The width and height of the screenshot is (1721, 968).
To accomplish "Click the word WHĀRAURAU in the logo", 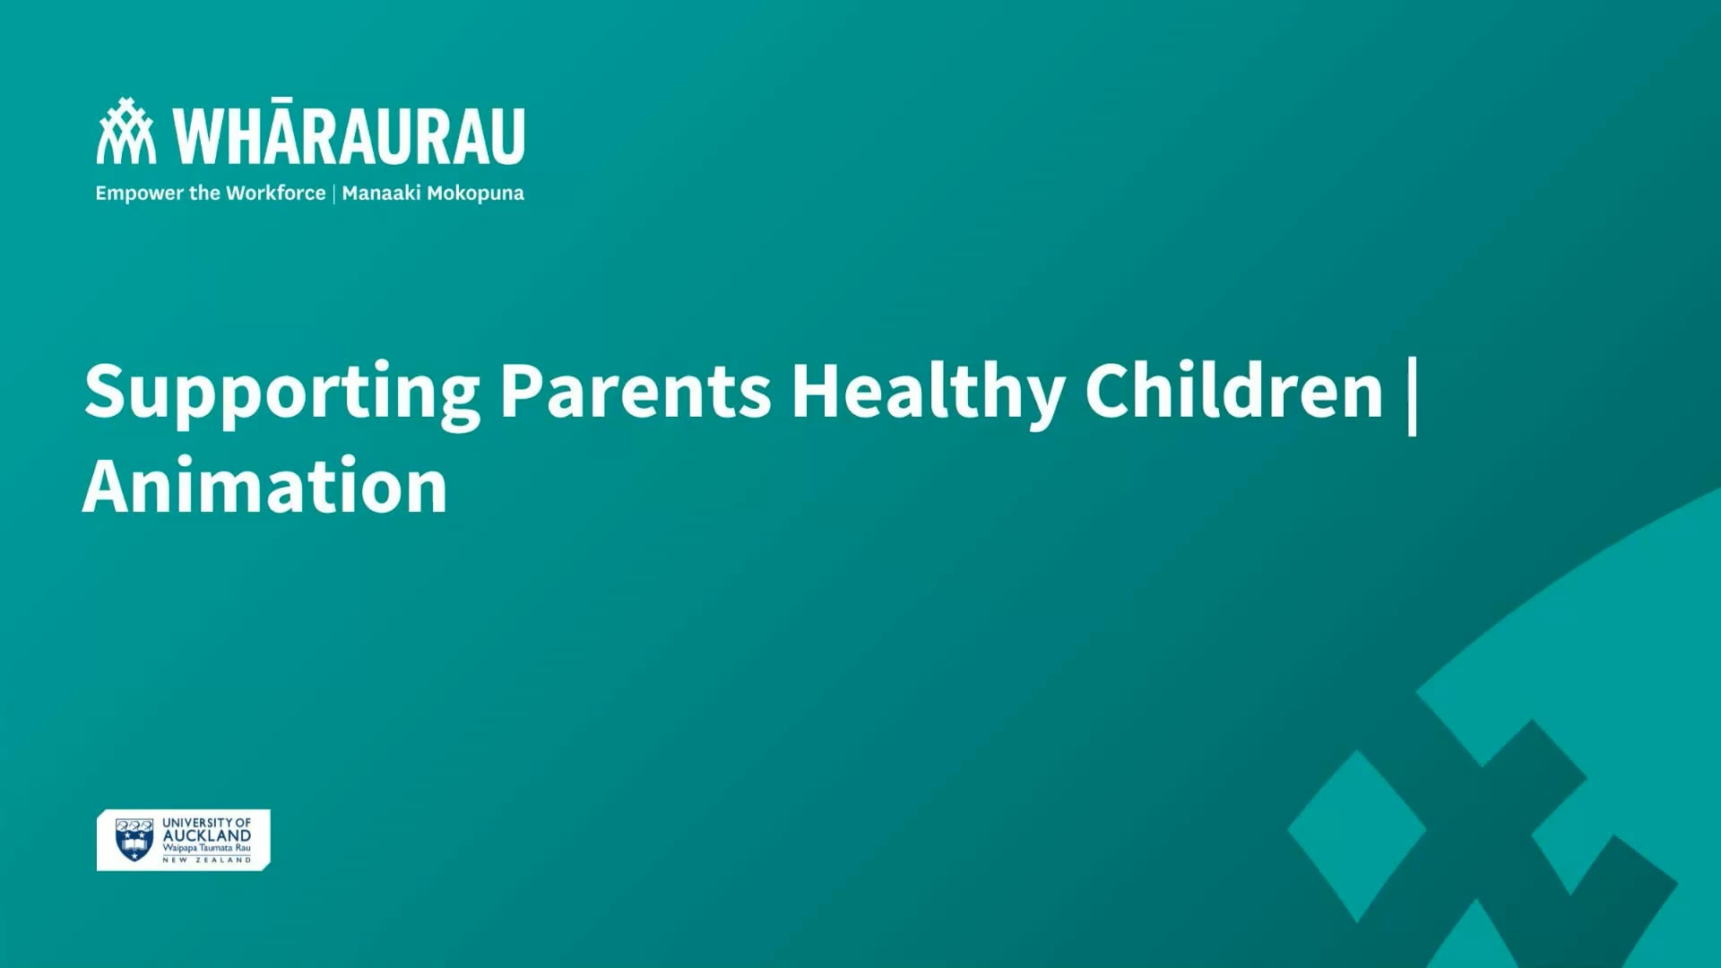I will click(350, 137).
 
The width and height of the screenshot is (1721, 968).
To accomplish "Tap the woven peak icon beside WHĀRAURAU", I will click(125, 132).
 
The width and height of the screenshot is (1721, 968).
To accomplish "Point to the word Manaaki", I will click(380, 193).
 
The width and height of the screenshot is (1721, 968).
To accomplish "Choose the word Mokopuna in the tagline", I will click(475, 194).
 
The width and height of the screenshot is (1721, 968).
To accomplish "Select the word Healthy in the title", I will click(927, 392).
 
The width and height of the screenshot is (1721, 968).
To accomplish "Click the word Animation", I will click(265, 486).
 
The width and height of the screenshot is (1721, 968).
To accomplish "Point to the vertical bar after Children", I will click(1413, 395).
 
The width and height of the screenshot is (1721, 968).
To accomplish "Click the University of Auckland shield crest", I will click(134, 840).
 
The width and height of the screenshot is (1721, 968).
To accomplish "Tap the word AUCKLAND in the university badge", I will click(206, 835).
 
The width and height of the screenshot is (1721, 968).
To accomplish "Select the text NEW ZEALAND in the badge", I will click(206, 860).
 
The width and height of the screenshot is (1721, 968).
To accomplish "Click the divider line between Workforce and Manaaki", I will click(333, 194).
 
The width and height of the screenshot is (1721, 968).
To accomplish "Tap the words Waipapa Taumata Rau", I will click(206, 848).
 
